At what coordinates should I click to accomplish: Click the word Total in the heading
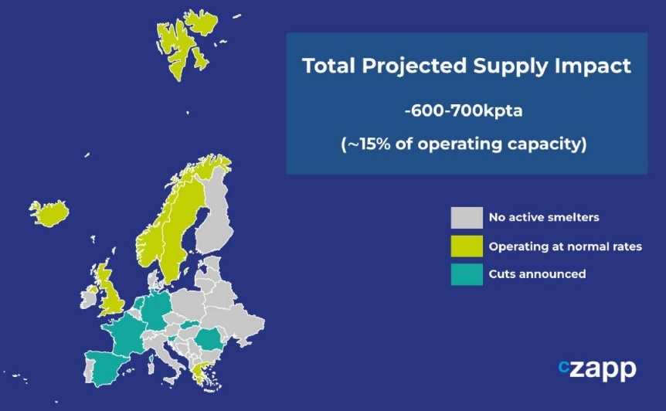coord(328,66)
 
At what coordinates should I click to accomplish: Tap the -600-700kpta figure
coord(464,111)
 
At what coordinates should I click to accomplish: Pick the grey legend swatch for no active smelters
coord(467,218)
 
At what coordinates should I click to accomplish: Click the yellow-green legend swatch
coord(467,246)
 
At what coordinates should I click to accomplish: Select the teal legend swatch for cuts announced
coord(467,274)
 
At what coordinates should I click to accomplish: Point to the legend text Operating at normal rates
coord(566,246)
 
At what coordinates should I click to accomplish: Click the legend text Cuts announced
coord(537,273)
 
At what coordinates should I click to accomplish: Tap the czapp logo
coord(597,370)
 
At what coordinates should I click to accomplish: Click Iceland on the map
coord(49,212)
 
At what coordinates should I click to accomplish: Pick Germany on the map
coord(156,311)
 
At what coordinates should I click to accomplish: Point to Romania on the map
coord(209,339)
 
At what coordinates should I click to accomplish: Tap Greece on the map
coord(202,375)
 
